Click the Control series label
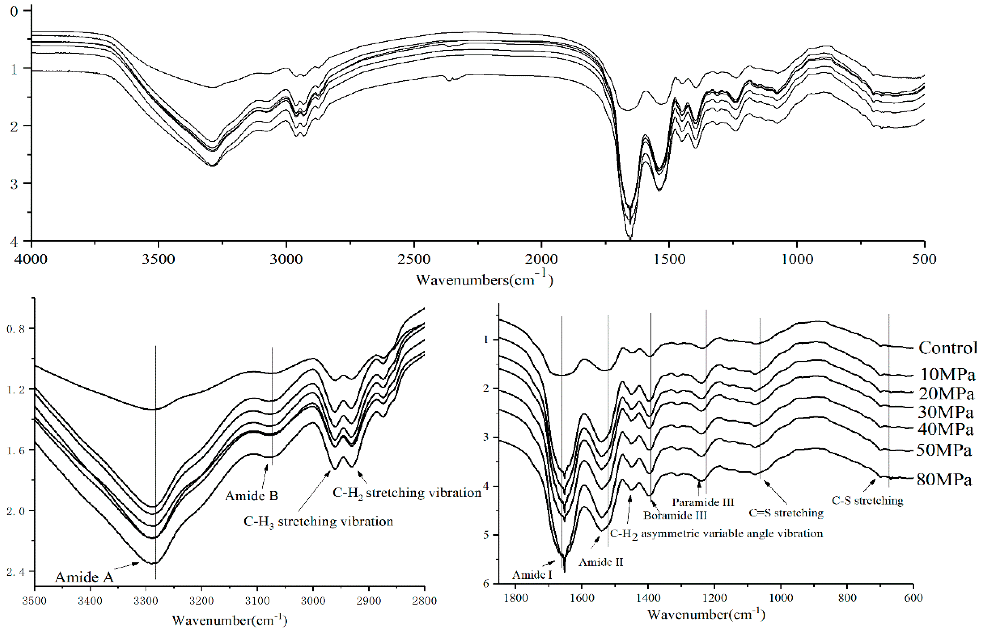[947, 348]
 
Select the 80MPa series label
[944, 480]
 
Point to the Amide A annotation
[84, 577]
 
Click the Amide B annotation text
[252, 496]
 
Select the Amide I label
[532, 575]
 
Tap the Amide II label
[601, 562]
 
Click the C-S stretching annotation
[867, 501]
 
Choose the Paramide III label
[703, 502]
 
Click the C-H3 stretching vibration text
[318, 522]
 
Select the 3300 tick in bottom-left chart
[146, 601]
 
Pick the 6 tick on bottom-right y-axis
[486, 584]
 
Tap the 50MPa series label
[944, 450]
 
